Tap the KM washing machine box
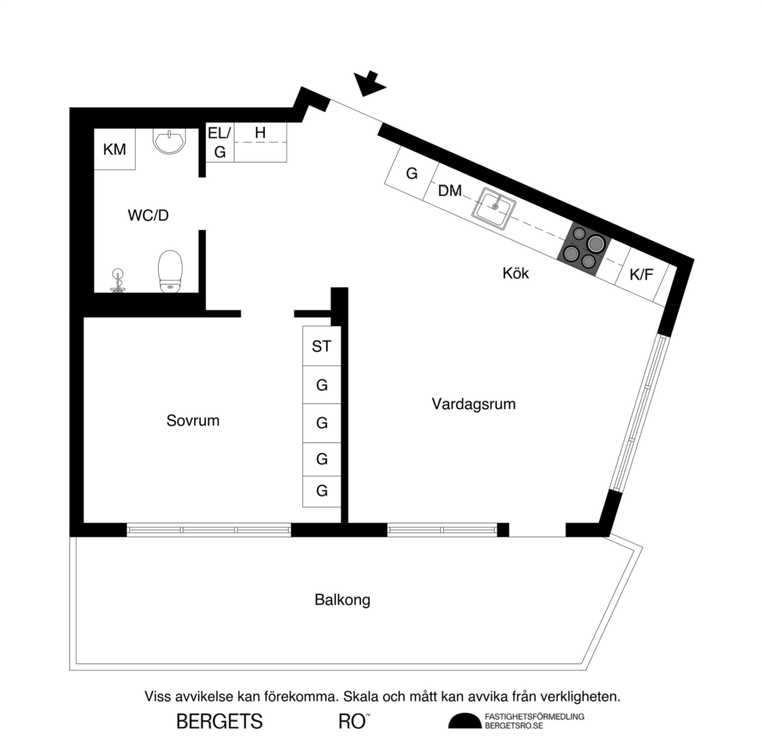click(114, 149)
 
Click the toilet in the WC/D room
click(170, 271)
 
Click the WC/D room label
click(148, 216)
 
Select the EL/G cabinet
click(219, 142)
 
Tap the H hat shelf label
click(260, 133)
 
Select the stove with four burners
click(584, 248)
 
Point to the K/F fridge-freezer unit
click(641, 275)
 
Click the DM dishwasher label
click(449, 191)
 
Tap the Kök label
click(515, 274)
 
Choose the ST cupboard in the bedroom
click(322, 346)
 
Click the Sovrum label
click(192, 420)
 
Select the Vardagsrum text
click(474, 404)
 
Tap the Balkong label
click(342, 599)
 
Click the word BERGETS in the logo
click(219, 722)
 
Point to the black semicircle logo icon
click(463, 720)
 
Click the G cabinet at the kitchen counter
click(410, 174)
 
